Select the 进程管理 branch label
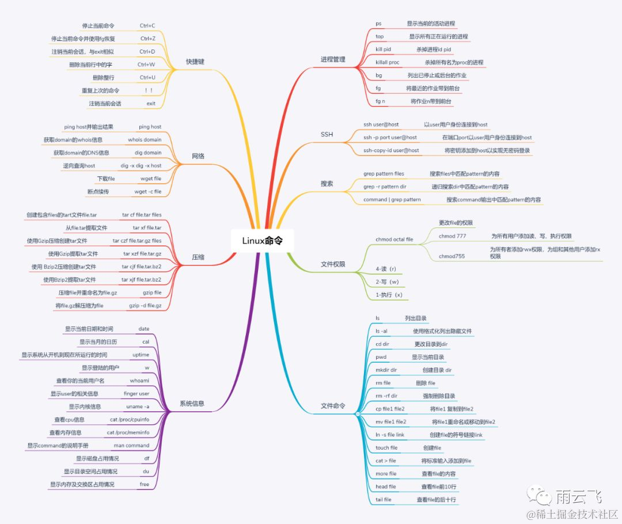[332, 60]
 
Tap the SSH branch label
[327, 134]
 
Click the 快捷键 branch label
[195, 62]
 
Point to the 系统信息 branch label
[192, 404]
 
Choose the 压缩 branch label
[198, 257]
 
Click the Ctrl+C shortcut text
[147, 26]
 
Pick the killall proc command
[388, 62]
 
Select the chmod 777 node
[453, 236]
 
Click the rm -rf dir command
[386, 396]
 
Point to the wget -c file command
[148, 191]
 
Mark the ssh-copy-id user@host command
[391, 150]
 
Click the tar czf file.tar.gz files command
[137, 241]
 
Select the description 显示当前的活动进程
[431, 24]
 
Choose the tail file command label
[384, 500]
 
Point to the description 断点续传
[98, 191]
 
